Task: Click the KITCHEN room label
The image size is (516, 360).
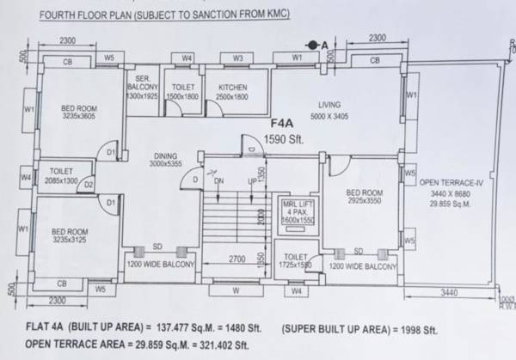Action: (232, 88)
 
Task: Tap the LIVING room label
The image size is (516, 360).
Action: (330, 101)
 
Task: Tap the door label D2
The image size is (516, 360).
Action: (89, 185)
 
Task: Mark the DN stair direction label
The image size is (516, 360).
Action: (219, 181)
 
